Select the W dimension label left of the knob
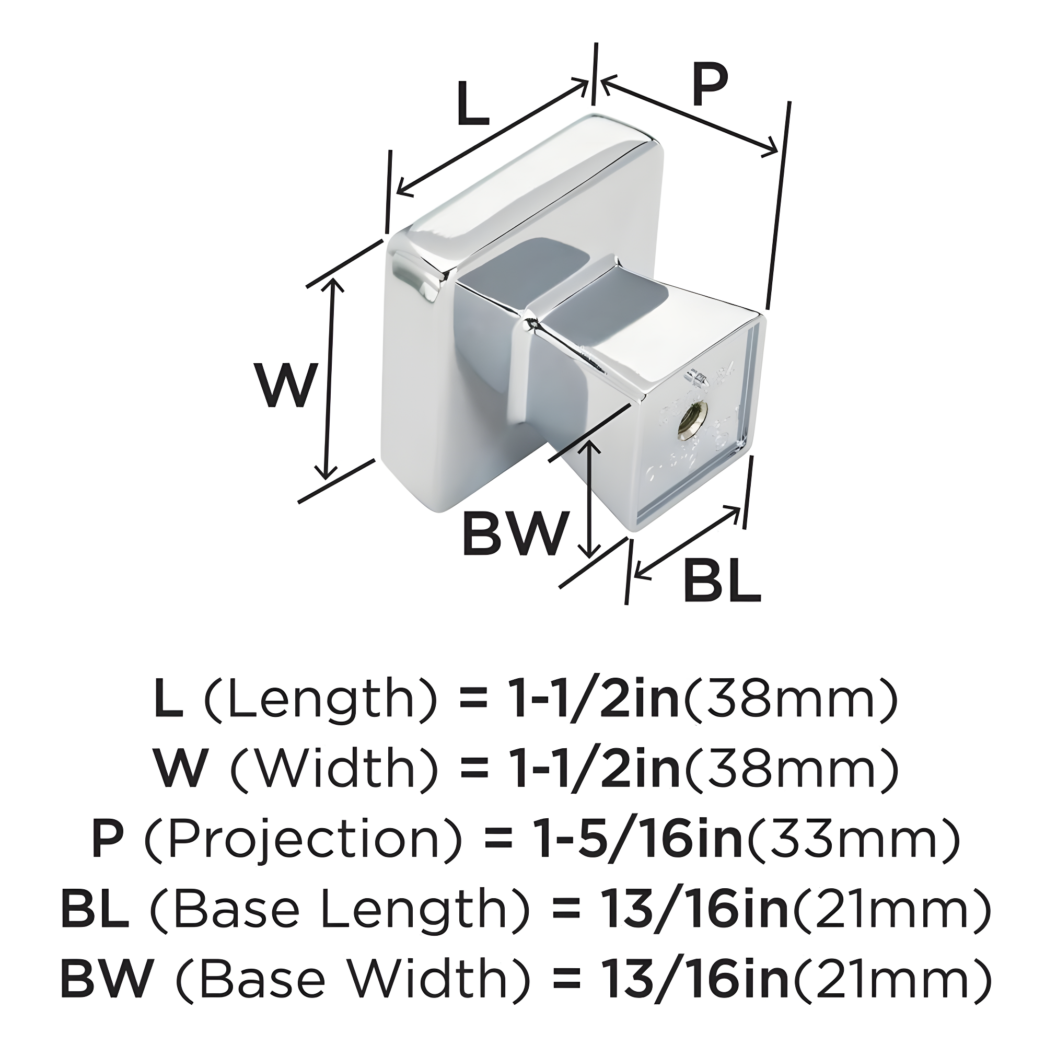click(285, 386)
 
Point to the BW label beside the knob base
click(516, 533)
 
